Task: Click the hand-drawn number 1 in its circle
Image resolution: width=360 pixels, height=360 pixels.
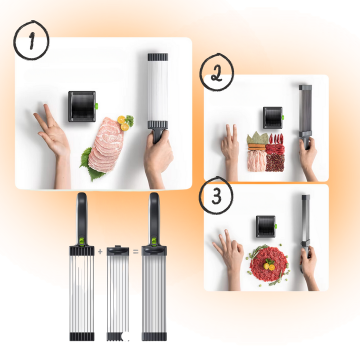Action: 31,40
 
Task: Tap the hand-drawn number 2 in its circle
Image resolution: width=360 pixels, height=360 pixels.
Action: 216,73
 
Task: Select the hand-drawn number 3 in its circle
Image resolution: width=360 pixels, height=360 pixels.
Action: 216,196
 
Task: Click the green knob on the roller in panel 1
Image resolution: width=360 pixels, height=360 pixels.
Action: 96,106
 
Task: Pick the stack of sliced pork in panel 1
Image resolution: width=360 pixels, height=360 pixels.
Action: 106,144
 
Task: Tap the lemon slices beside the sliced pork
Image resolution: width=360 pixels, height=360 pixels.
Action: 123,123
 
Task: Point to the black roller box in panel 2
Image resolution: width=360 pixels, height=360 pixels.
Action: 273,117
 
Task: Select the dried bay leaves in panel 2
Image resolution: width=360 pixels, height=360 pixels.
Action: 257,138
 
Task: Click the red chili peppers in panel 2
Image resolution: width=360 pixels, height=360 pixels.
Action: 276,138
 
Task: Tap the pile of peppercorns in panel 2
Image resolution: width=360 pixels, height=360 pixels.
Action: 275,163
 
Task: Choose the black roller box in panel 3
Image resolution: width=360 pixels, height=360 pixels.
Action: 266,226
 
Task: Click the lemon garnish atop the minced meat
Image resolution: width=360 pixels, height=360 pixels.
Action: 269,266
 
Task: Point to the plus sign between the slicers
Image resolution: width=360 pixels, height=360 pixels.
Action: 100,251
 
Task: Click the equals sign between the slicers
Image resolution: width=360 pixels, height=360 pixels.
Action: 135,252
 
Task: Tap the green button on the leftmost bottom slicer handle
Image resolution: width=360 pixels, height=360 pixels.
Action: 81,241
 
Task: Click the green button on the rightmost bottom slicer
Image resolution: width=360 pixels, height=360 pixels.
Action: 154,241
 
